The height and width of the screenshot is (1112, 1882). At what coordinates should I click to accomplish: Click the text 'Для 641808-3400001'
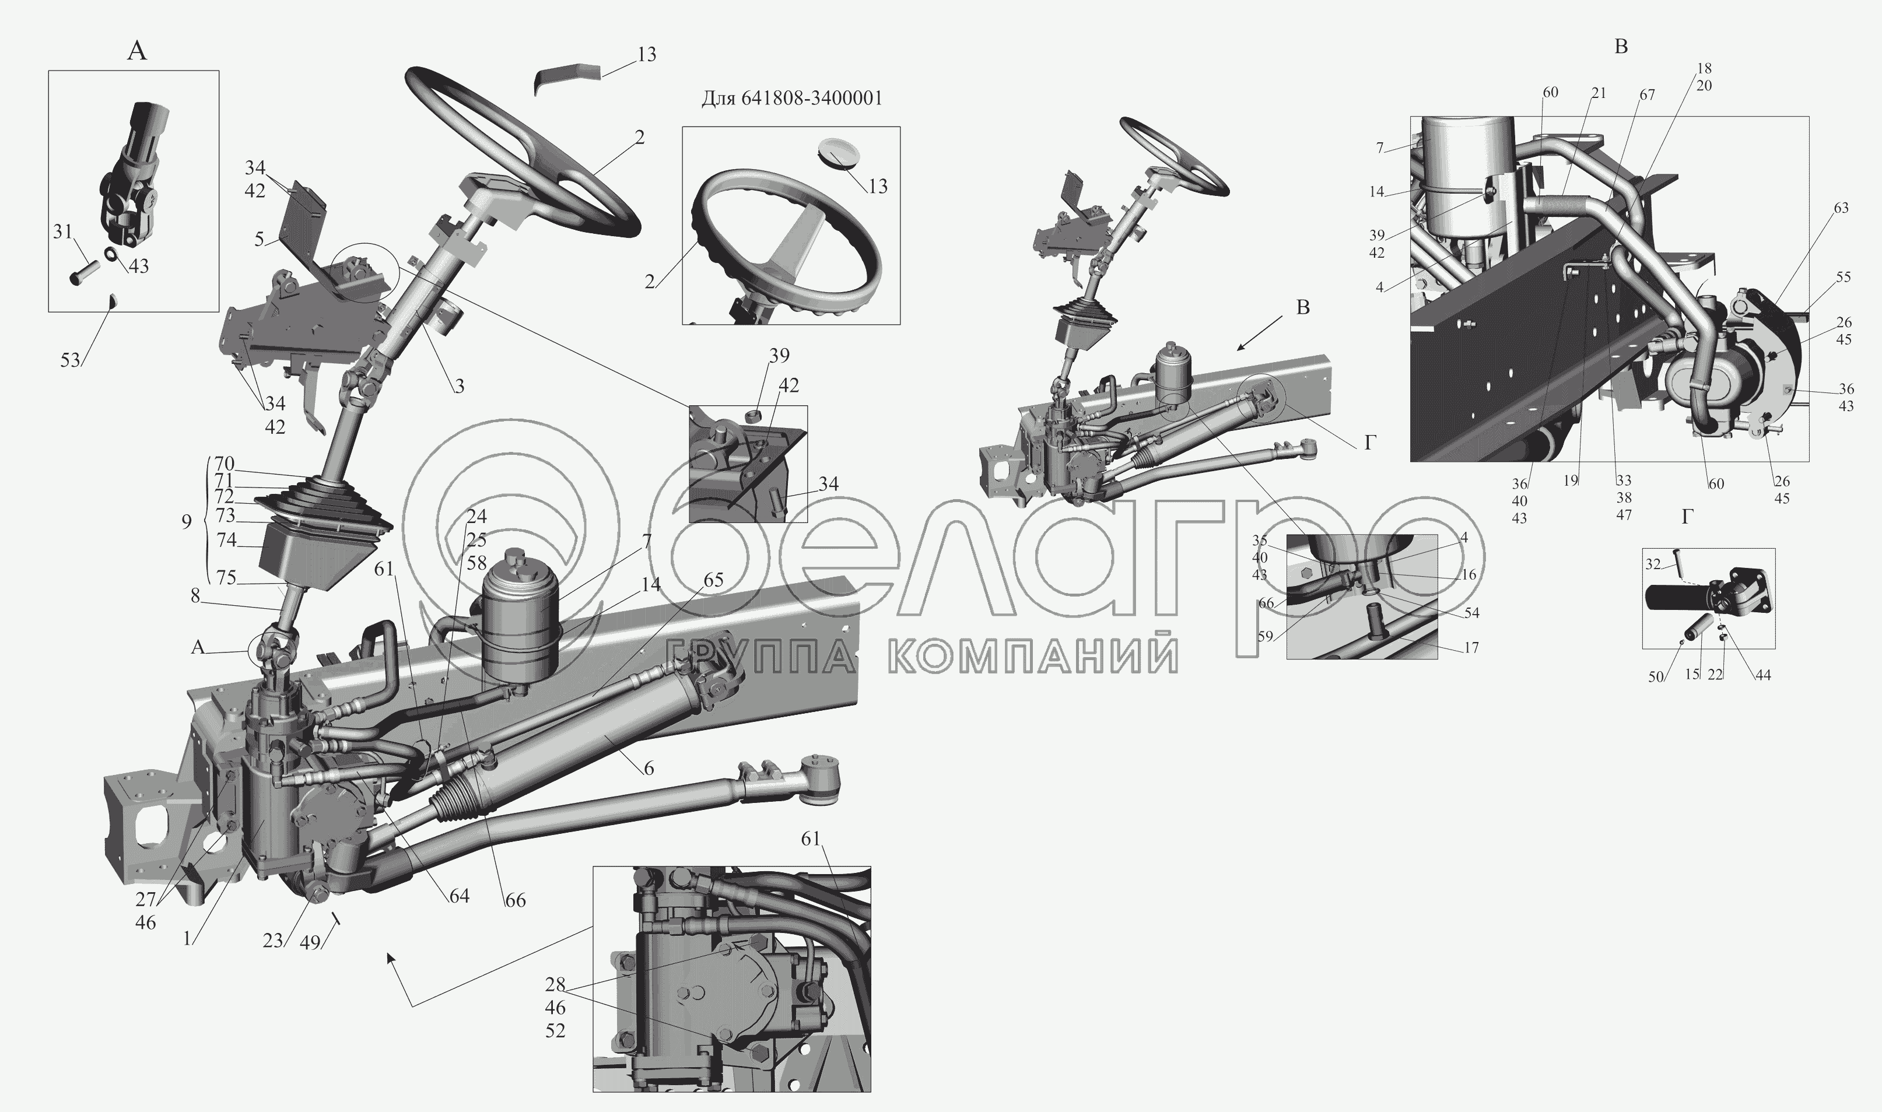coord(792,98)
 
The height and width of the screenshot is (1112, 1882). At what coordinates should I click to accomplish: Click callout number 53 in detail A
coord(71,360)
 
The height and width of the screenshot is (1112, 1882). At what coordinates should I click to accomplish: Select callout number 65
coord(713,580)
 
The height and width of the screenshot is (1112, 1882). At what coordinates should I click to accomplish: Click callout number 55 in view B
coord(1843,277)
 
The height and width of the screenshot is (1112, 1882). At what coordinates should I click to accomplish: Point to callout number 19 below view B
coord(1571,481)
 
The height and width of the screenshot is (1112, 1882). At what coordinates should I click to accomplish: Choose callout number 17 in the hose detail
coord(1471,647)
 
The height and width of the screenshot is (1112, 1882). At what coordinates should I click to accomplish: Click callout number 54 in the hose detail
coord(1471,613)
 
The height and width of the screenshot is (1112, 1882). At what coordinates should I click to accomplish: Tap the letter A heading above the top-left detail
coord(137,51)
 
